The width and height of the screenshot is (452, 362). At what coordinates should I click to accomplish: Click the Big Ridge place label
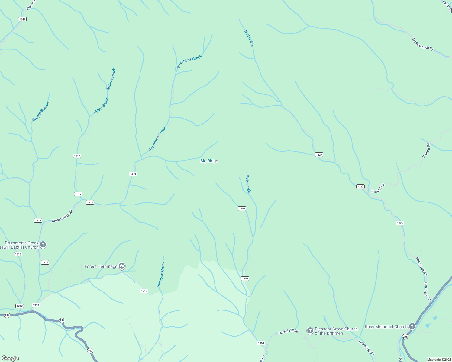(209, 161)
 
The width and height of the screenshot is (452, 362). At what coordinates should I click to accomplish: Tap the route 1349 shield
(22, 19)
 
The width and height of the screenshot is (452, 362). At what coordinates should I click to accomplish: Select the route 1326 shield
(400, 223)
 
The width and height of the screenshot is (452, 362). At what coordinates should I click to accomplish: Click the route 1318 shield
(38, 221)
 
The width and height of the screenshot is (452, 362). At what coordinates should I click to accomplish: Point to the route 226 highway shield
(405, 336)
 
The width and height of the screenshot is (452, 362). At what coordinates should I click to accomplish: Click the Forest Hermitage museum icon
(122, 266)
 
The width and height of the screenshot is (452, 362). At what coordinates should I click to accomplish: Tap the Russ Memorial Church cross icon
(412, 326)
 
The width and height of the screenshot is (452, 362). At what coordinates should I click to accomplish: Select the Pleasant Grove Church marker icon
(310, 331)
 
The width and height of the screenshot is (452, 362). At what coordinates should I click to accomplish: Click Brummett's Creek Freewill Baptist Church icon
(43, 244)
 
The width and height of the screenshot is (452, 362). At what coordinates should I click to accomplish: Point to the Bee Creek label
(248, 184)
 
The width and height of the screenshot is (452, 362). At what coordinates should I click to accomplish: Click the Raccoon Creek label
(161, 274)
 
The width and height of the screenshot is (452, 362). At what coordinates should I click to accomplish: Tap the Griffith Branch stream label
(41, 112)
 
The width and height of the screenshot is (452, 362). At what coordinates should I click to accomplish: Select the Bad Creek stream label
(249, 38)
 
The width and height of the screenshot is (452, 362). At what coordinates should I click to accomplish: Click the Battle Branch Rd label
(422, 44)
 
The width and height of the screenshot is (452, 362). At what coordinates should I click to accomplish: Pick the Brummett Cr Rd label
(62, 216)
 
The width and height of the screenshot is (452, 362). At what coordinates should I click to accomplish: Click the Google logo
(10, 358)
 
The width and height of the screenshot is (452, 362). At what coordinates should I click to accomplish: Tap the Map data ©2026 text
(439, 360)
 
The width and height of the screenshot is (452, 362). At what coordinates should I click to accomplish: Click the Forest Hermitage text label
(101, 266)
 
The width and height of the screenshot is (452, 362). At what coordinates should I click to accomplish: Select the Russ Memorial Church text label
(386, 327)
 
